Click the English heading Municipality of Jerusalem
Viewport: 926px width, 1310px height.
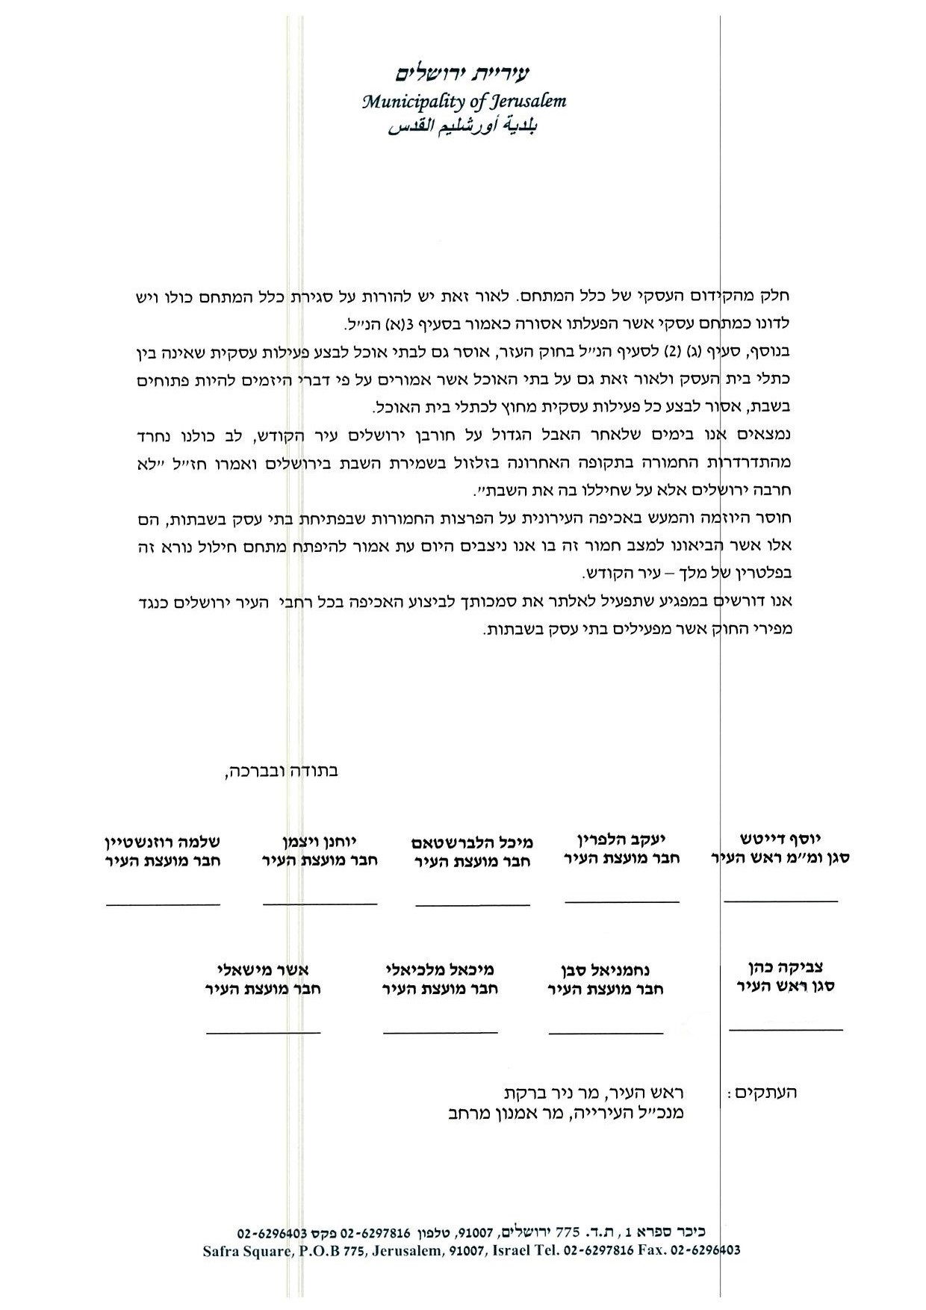464,101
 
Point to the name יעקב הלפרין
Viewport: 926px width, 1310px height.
621,838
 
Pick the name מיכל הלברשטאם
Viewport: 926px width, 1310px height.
472,842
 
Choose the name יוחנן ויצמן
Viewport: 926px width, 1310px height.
321,839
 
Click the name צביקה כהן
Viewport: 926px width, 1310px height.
786,966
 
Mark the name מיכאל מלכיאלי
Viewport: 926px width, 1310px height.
440,969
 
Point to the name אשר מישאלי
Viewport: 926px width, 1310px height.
263,969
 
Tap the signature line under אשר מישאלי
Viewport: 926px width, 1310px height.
263,1033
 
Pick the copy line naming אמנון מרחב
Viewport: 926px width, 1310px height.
562,1113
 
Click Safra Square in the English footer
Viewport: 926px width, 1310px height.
244,1250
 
